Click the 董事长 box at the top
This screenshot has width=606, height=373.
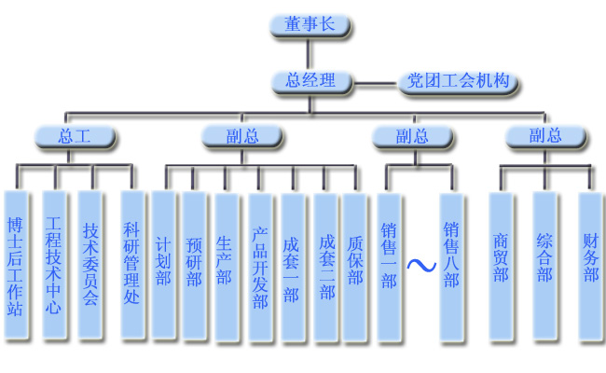click(310, 25)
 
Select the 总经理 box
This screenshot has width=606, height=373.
click(311, 81)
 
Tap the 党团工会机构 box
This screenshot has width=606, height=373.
click(458, 82)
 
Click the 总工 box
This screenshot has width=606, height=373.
click(75, 137)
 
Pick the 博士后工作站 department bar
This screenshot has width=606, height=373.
click(16, 266)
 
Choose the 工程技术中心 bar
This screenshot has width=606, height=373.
click(54, 265)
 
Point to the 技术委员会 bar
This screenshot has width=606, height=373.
click(90, 265)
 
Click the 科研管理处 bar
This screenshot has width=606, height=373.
click(132, 265)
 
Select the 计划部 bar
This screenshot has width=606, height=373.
click(163, 265)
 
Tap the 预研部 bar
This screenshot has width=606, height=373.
click(194, 266)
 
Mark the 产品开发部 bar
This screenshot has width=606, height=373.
click(260, 268)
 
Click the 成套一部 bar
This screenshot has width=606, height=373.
click(293, 268)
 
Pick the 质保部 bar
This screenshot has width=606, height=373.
click(354, 268)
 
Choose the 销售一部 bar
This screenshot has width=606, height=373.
click(389, 268)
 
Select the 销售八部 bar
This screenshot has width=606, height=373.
click(451, 268)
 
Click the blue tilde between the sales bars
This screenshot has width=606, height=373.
click(421, 265)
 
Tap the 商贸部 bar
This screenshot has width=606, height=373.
click(501, 267)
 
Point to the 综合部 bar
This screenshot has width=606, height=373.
click(544, 266)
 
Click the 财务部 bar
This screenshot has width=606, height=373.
click(590, 267)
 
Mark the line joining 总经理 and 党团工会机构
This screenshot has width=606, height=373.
click(376, 83)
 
